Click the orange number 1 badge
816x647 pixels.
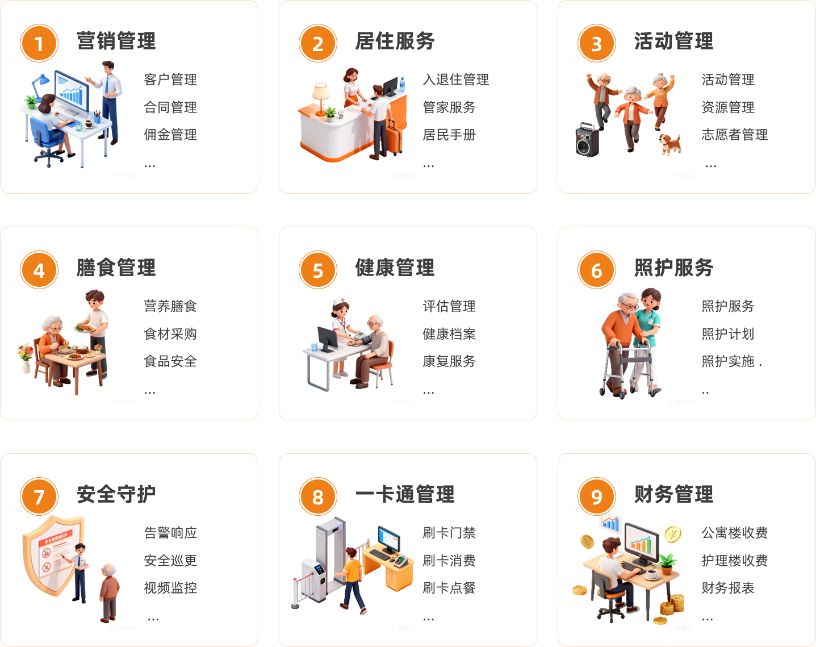click(39, 44)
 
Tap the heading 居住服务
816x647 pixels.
click(395, 41)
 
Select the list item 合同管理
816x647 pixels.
click(170, 107)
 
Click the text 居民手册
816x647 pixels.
click(449, 135)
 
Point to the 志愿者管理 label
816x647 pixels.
click(734, 135)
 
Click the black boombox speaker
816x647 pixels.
click(587, 140)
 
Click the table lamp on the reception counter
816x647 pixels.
click(321, 97)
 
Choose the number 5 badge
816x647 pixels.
click(317, 270)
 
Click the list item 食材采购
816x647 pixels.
click(170, 334)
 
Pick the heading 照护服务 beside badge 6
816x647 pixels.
click(673, 268)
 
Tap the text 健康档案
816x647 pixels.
click(449, 334)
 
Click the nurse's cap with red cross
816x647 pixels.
click(339, 302)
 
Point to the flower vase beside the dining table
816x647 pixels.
click(25, 358)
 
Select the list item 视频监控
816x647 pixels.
click(170, 588)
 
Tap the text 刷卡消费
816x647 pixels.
click(449, 561)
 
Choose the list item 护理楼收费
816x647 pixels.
click(734, 561)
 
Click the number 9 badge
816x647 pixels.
click(596, 497)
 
